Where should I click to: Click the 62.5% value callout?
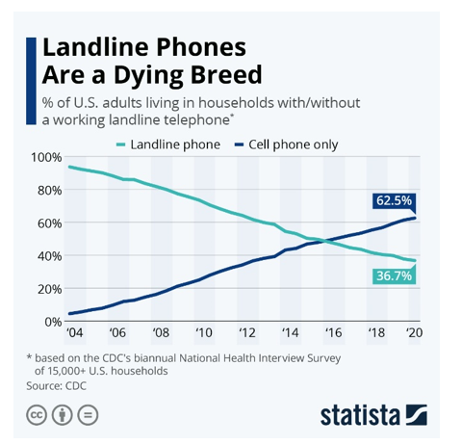point(392,200)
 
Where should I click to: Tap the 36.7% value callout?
point(392,275)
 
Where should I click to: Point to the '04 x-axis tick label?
point(74,333)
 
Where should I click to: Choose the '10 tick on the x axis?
point(202,333)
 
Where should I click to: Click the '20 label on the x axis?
point(414,333)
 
